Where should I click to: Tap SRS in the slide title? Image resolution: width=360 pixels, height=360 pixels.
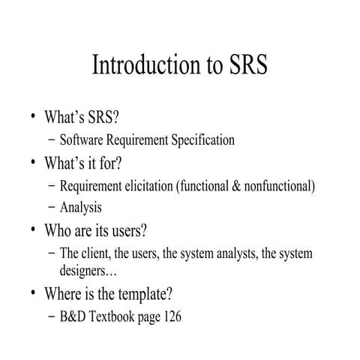click(245, 66)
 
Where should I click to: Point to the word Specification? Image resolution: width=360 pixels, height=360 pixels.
click(202, 139)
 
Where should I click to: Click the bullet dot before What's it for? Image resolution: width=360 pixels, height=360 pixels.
click(33, 161)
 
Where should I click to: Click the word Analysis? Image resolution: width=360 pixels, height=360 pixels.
click(80, 208)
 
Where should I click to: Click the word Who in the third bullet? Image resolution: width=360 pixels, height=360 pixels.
click(60, 230)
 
